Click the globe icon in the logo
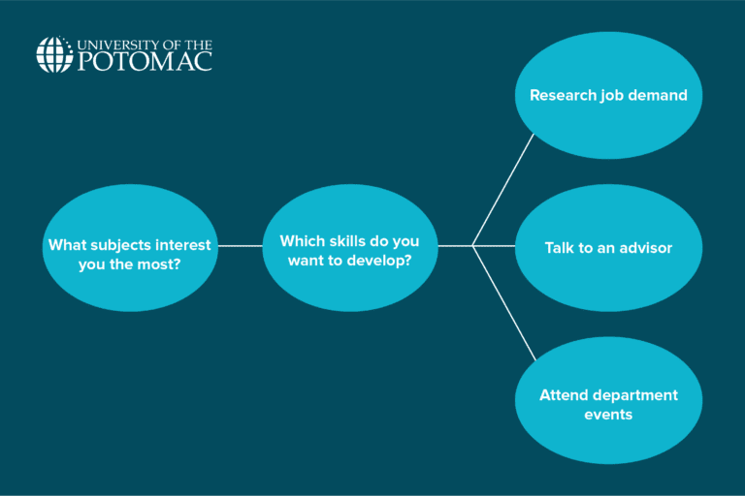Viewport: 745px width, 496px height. coord(53,54)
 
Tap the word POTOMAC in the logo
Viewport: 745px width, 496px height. coord(144,61)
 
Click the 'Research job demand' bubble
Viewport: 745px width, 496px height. coord(608,95)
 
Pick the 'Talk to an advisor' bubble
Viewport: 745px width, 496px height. coord(608,248)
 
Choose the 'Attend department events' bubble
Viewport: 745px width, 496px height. coord(608,401)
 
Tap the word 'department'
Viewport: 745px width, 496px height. coord(632,395)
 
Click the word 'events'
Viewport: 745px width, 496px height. coord(608,415)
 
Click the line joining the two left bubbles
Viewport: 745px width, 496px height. coord(241,246)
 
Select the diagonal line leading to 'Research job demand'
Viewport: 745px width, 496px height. coord(503,189)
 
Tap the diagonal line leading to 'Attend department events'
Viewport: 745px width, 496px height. coord(503,303)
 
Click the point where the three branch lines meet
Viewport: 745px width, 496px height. coord(472,246)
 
